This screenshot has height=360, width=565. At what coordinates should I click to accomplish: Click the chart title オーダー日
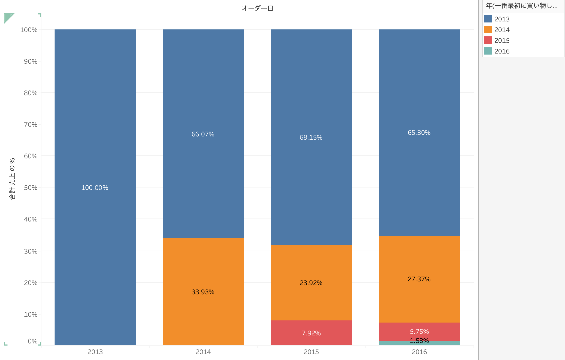click(x=257, y=8)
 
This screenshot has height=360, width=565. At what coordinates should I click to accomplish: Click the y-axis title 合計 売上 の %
click(x=12, y=179)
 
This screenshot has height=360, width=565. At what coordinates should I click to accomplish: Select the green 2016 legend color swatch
click(x=488, y=51)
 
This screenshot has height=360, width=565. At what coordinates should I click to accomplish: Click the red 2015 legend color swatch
click(x=488, y=40)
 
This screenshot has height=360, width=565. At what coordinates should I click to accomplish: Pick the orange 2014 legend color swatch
click(x=488, y=29)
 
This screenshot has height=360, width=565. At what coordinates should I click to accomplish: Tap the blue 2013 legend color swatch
click(x=488, y=19)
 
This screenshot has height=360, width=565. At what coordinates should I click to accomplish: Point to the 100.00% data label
click(x=95, y=188)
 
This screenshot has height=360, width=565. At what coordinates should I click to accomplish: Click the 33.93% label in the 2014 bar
click(x=203, y=292)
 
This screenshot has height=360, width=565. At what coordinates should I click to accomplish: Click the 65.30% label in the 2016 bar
click(x=419, y=133)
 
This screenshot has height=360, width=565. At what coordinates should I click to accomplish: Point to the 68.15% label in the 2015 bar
click(x=311, y=137)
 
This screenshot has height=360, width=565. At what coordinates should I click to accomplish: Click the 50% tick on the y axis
click(x=30, y=188)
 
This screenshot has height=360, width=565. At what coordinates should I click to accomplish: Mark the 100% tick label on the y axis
click(x=29, y=30)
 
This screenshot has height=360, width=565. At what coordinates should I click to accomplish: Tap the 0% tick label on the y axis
click(x=33, y=341)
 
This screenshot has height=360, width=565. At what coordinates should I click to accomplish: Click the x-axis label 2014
click(x=203, y=352)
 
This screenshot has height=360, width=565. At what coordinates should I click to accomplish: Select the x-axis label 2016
click(x=419, y=352)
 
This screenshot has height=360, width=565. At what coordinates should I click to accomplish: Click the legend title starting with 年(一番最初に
click(x=521, y=6)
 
